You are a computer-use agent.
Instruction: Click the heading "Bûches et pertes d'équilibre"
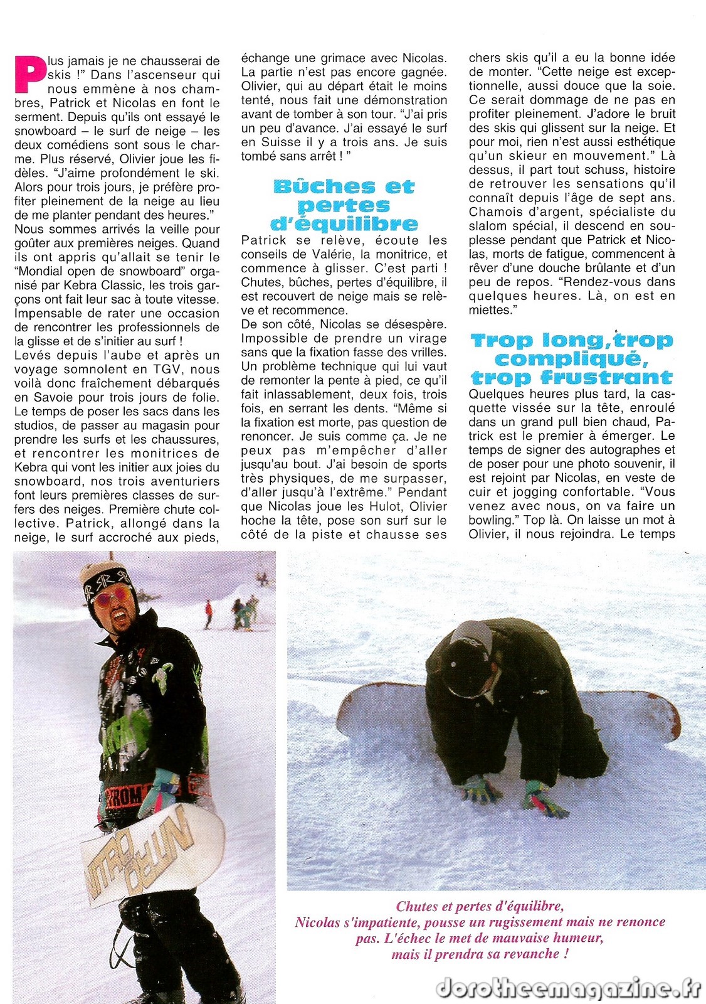pyautogui.click(x=344, y=205)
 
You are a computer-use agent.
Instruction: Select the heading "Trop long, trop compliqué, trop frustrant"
pyautogui.click(x=571, y=359)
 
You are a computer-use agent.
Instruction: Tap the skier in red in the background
pyautogui.click(x=208, y=614)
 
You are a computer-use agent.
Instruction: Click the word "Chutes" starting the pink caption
pyautogui.click(x=417, y=906)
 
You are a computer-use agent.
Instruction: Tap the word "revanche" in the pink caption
pyautogui.click(x=534, y=954)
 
